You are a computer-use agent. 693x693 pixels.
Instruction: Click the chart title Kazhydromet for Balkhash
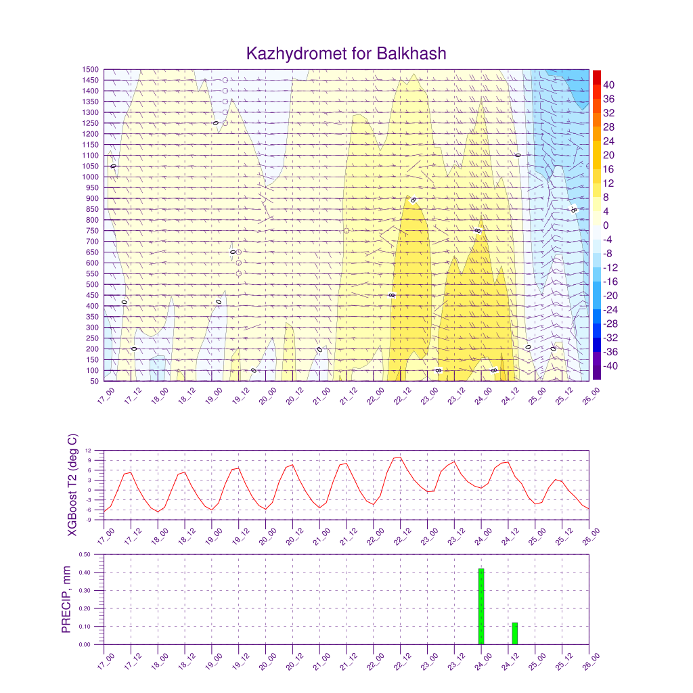click(346, 53)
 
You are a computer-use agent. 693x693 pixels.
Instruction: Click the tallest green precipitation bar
click(481, 606)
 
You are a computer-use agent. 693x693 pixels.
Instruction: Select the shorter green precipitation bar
click(514, 633)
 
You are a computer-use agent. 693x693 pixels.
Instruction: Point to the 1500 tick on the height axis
click(91, 70)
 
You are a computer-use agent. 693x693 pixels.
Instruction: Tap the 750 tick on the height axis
click(91, 231)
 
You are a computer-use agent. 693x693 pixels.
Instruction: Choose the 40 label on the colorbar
click(608, 85)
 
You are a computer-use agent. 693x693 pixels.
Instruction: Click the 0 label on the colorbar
click(606, 225)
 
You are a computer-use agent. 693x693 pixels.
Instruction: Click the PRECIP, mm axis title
click(66, 600)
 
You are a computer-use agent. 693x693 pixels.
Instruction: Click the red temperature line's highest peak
click(400, 457)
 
